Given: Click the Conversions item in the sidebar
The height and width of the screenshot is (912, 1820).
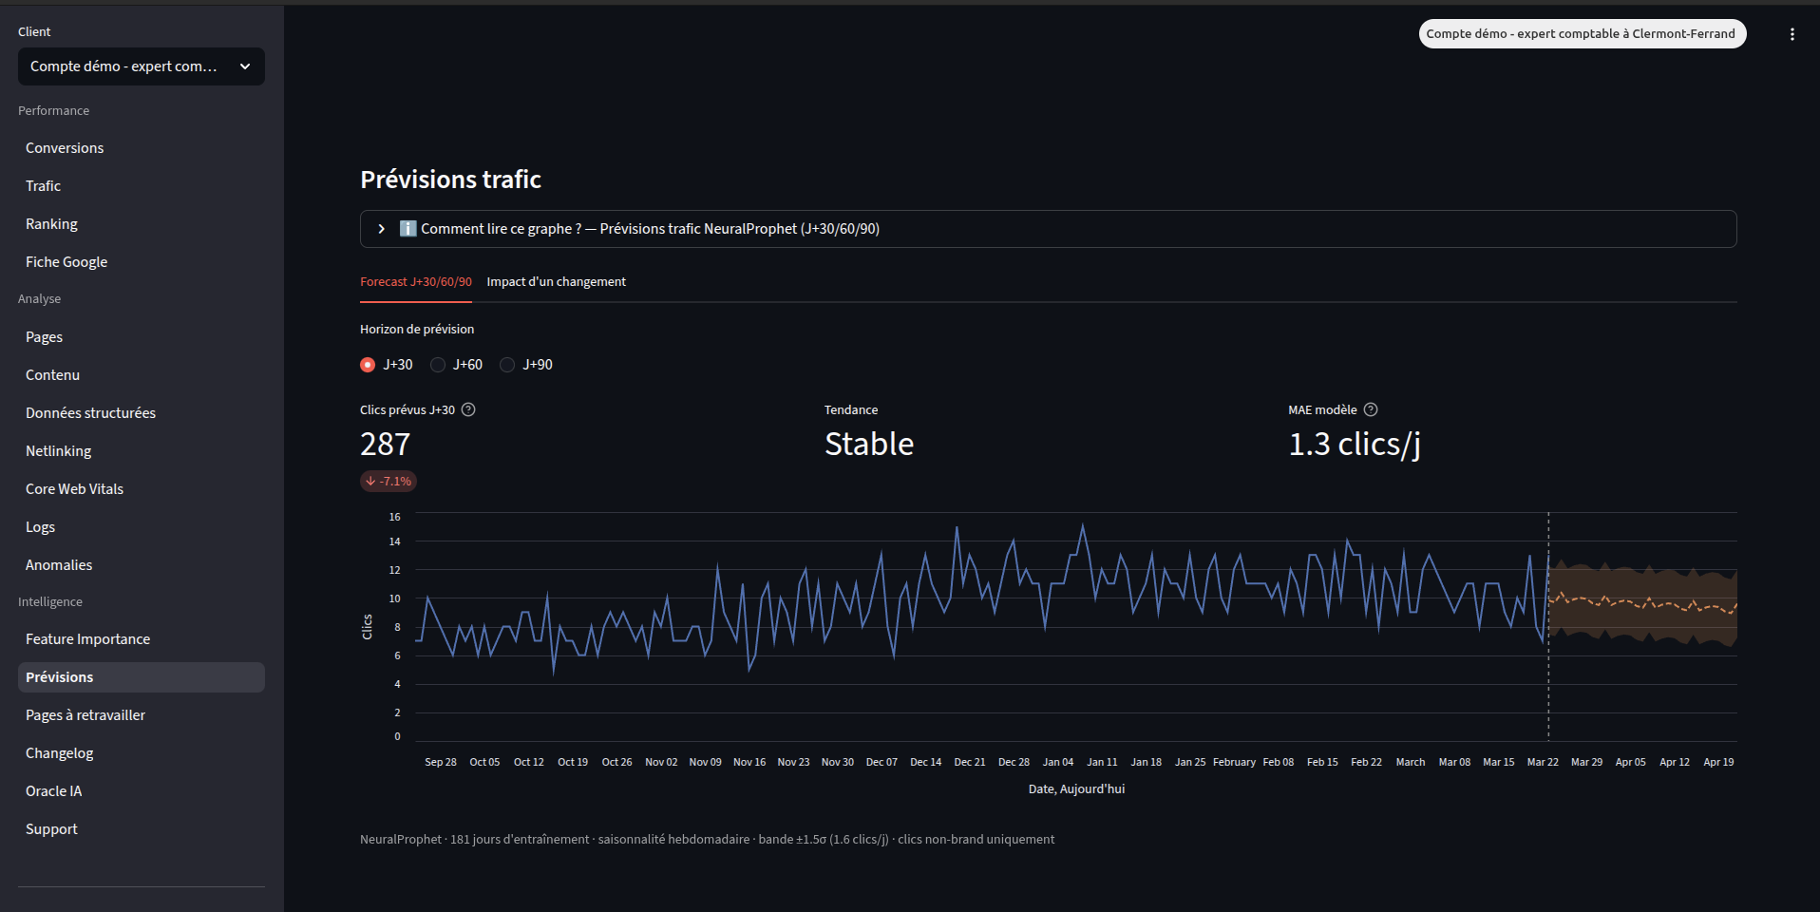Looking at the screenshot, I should (65, 148).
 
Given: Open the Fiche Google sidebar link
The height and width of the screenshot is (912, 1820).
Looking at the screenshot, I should (66, 262).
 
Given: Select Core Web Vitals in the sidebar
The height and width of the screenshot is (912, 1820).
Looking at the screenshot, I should (74, 489).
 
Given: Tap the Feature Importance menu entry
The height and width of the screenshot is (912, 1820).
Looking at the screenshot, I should (87, 639).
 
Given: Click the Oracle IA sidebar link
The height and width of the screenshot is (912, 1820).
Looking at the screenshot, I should (53, 791).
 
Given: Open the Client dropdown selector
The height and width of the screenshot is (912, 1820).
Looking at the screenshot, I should (141, 66).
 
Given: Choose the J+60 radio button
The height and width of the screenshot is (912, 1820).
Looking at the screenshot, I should (438, 365).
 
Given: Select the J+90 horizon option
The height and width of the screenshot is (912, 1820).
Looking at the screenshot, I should (508, 365).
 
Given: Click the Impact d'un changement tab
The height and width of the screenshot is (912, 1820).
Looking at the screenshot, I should (556, 282).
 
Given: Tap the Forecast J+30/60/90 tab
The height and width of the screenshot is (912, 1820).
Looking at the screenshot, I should (415, 282).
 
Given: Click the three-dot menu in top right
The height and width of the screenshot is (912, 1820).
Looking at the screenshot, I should (1792, 34).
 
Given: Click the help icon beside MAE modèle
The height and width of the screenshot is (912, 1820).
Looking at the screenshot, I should (1371, 410).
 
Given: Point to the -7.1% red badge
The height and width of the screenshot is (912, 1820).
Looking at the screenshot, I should (389, 482).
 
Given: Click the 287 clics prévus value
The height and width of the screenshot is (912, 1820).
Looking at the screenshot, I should (386, 445).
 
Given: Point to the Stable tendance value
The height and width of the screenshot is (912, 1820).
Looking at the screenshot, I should (868, 445).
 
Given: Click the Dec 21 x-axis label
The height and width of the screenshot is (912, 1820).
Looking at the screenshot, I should (969, 762).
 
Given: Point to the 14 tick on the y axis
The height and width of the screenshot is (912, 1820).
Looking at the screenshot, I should (395, 541).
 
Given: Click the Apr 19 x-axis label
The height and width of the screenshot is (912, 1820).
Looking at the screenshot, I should (1717, 762).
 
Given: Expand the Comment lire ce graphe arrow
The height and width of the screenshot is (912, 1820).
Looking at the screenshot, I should (382, 229).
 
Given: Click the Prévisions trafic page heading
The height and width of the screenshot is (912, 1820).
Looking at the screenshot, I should (450, 180).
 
